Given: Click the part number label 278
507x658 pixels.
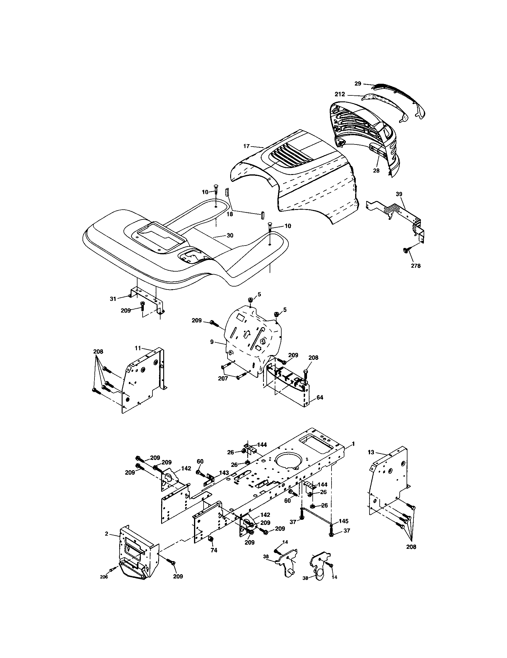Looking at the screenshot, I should point(416,266).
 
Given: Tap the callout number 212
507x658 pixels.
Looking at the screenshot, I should point(340,94).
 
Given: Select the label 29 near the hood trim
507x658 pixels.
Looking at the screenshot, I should point(358,83).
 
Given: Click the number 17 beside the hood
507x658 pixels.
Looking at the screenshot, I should point(246,146).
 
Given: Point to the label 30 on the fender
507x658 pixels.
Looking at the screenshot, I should point(230,235).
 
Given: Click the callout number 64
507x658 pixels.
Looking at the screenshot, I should point(320,397).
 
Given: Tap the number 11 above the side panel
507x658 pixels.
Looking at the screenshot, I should point(138,348).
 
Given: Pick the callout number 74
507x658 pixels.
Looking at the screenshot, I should point(214,550).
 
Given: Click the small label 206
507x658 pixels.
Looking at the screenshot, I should point(103,577).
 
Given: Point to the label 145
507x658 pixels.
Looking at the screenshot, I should point(343,521).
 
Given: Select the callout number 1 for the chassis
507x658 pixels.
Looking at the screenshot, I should point(353,444).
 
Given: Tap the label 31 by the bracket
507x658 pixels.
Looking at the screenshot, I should point(113,299).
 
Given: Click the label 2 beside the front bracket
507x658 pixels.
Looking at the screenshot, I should point(107,534).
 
